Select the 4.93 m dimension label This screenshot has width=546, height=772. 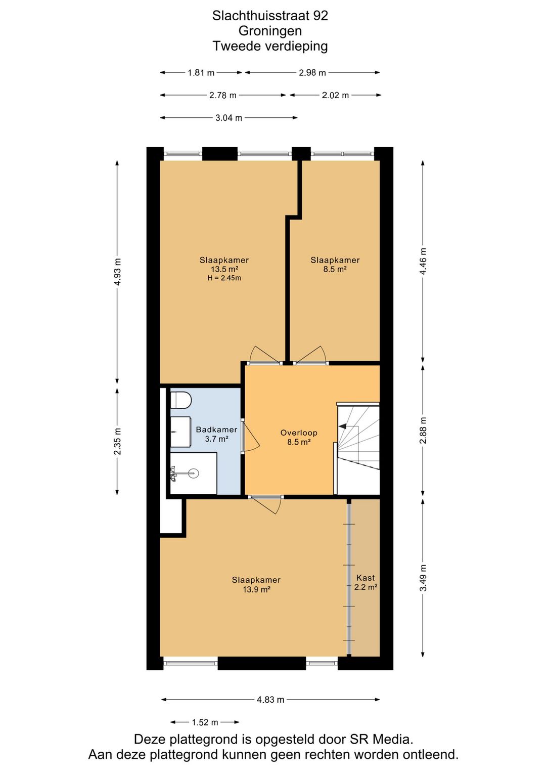(118, 272)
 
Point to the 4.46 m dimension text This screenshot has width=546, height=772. (423, 261)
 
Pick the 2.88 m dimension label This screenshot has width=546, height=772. (423, 430)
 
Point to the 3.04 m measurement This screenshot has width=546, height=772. (229, 118)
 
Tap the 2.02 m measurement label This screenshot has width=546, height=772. (335, 95)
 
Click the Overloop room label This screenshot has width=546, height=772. (299, 433)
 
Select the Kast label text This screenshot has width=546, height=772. (366, 578)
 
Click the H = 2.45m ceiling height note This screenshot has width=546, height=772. (224, 278)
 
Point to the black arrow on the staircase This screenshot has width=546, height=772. (343, 426)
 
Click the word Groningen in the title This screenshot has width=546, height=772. (270, 31)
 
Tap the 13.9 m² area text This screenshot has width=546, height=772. (256, 590)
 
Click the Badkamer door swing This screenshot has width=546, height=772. (252, 436)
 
